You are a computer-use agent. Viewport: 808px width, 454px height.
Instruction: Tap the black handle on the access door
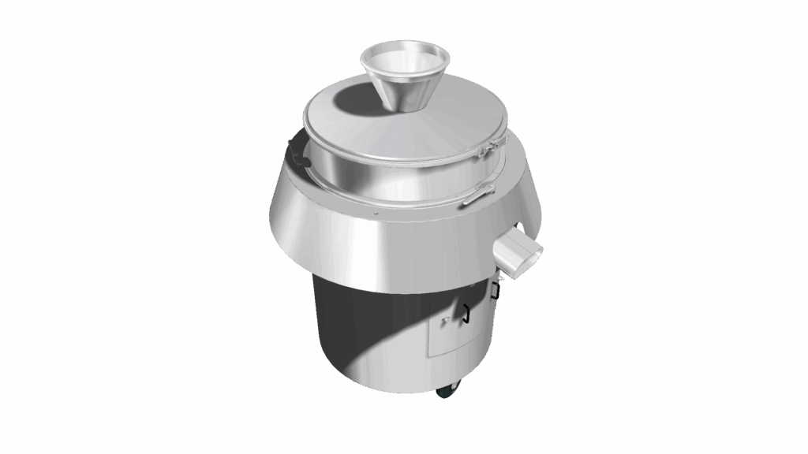click(466, 313)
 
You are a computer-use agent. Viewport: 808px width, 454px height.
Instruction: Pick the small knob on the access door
click(447, 320)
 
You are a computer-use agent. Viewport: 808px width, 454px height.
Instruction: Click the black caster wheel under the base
click(447, 390)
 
